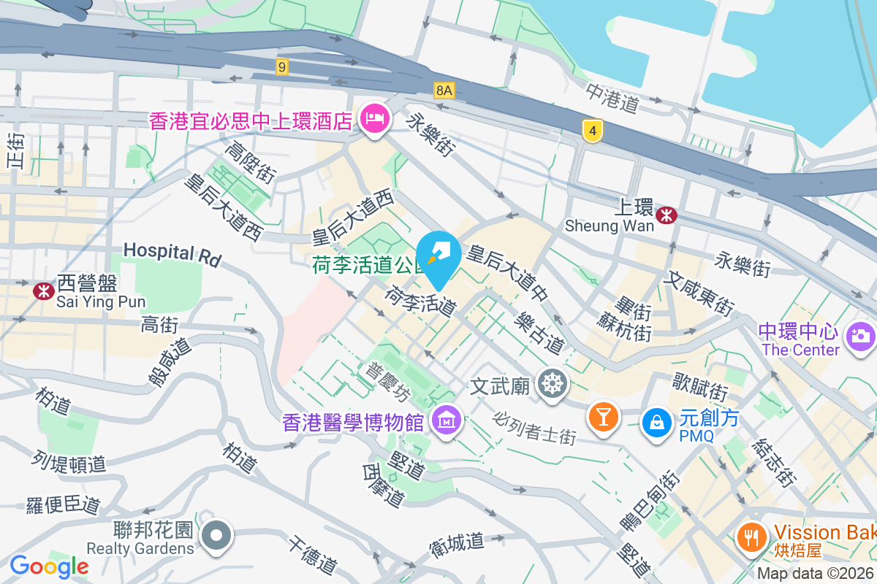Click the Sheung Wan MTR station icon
[666, 215]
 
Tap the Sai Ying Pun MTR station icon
[44, 291]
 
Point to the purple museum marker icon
[445, 420]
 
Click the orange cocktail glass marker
[603, 417]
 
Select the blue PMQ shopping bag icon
[656, 421]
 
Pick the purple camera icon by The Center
[860, 336]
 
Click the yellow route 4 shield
[593, 131]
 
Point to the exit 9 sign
[282, 67]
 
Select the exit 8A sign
[444, 90]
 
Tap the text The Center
[800, 350]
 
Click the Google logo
[49, 566]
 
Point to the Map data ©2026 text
[816, 574]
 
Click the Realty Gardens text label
[140, 548]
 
